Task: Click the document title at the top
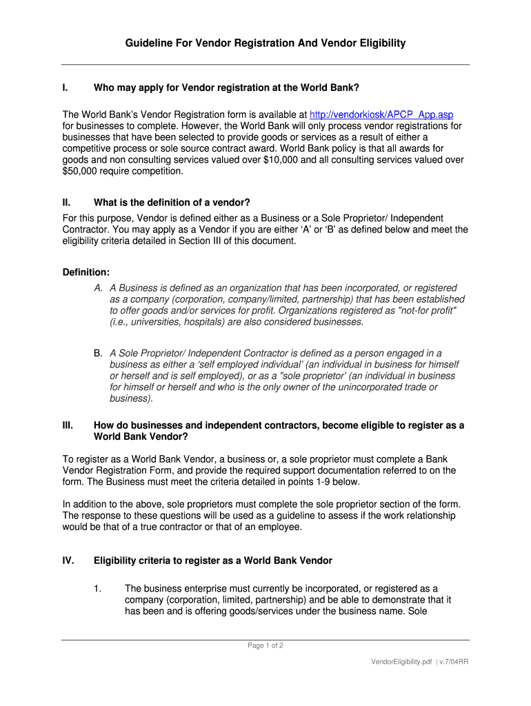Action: (x=265, y=43)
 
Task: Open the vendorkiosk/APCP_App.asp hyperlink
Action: (x=381, y=114)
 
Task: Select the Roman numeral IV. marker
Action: (x=68, y=561)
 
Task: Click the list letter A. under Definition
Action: (x=99, y=288)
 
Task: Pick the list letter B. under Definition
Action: (x=99, y=353)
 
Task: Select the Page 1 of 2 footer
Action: (x=265, y=645)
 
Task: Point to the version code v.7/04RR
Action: (x=454, y=661)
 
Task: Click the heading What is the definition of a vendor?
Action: (x=172, y=202)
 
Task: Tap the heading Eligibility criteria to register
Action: (x=213, y=561)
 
